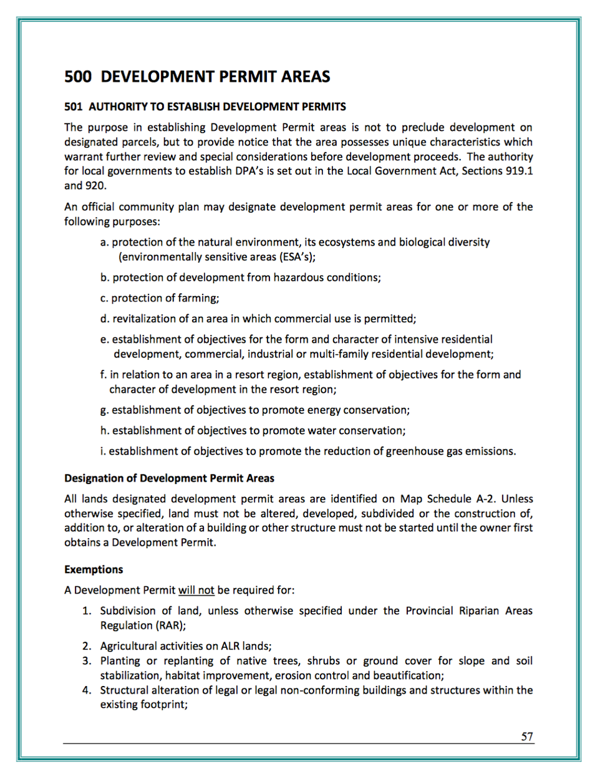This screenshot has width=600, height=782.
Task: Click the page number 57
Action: tap(527, 736)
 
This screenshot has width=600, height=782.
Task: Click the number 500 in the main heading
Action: tap(78, 77)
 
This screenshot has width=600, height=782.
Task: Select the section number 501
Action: tap(73, 107)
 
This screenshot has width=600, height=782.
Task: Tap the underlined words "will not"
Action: tap(196, 590)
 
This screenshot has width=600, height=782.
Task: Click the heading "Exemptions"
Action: tap(94, 569)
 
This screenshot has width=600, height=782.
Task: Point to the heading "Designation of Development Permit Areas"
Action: tap(169, 478)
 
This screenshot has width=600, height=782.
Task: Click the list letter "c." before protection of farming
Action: tap(104, 298)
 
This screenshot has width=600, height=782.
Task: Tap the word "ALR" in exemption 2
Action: tap(230, 646)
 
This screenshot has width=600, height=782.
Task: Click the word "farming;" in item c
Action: tap(199, 298)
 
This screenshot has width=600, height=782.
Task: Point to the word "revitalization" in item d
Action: tap(145, 319)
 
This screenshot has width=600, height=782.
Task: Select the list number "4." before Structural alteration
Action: tap(87, 690)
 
